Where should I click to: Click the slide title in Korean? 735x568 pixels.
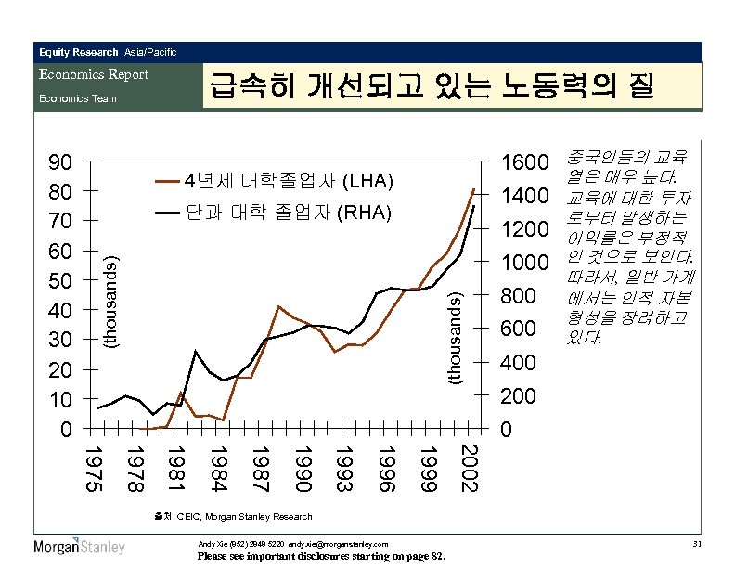coord(432,86)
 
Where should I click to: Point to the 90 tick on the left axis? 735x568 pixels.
coord(59,162)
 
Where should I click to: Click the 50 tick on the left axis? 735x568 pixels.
coord(59,281)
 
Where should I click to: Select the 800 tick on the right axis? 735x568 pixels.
coord(517,296)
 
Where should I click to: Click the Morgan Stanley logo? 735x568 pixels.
coord(79,547)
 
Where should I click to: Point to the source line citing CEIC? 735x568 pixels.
coord(235,516)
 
